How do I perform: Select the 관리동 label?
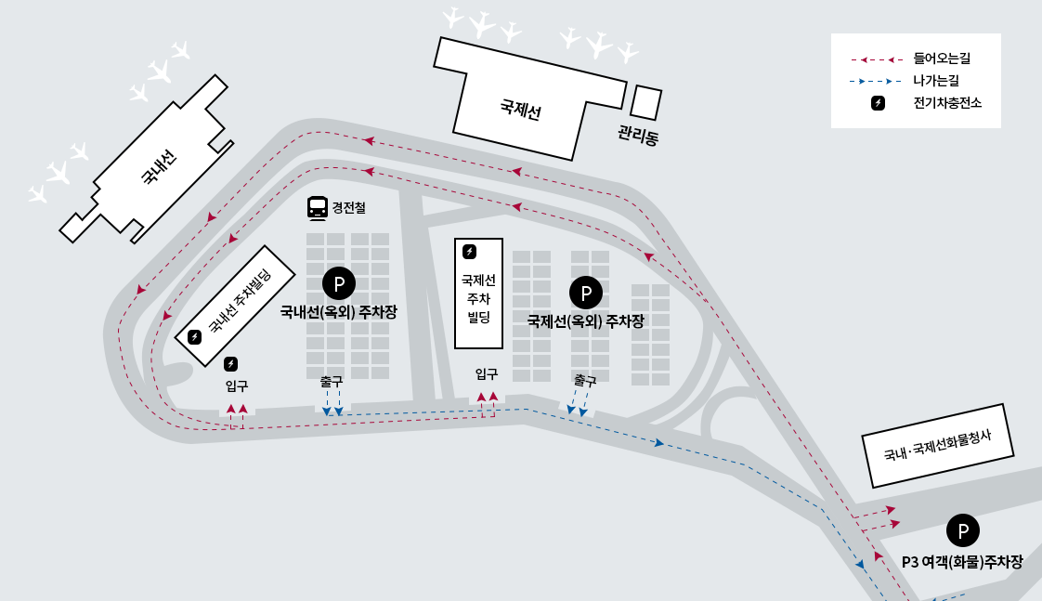coord(637,137)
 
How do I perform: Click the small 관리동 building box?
coord(646,102)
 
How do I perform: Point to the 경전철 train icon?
coord(318,208)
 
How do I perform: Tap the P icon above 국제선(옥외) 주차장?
coord(586,294)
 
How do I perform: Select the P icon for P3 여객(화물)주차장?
coord(962,530)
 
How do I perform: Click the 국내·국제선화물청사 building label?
coord(936,445)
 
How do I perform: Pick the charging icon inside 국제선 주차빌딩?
coord(470,252)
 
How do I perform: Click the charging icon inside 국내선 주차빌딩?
coord(195,336)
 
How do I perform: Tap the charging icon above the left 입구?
coord(231,363)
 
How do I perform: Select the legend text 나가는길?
coord(935,81)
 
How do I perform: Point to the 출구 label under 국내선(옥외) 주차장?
coord(332,381)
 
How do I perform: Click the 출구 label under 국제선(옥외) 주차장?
coord(585,380)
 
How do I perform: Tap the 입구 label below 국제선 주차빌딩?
coord(487,374)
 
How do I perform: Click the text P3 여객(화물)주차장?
coord(962,562)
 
